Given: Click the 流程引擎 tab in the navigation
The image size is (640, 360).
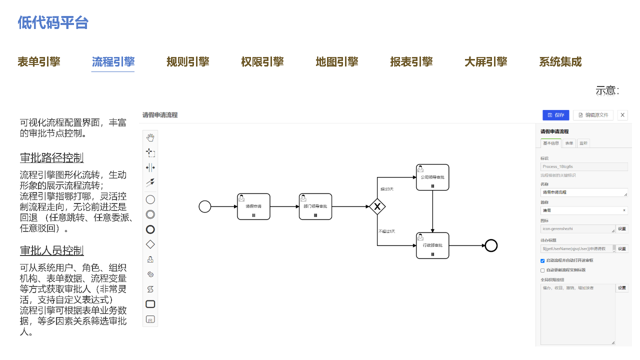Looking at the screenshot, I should [x=113, y=62].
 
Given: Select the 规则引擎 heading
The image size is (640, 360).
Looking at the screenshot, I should [x=187, y=62].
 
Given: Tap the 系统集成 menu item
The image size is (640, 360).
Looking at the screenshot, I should [x=560, y=62].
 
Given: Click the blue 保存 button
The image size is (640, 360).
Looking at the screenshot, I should [x=555, y=115].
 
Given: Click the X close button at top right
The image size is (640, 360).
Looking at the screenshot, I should [x=622, y=115].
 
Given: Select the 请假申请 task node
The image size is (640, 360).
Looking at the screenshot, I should [x=253, y=206].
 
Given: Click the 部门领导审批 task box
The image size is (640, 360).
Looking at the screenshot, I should [x=315, y=206].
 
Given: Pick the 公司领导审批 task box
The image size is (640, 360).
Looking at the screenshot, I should [x=432, y=177].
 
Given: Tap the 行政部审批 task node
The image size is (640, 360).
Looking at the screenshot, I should [x=432, y=245].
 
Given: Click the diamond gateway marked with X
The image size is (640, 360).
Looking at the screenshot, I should [x=377, y=206].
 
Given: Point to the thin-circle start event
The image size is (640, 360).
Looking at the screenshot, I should [x=205, y=206].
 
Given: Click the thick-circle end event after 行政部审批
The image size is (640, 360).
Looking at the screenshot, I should [x=491, y=245].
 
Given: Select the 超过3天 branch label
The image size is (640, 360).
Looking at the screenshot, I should [x=387, y=189].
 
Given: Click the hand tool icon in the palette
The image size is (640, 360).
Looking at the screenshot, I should [x=150, y=137].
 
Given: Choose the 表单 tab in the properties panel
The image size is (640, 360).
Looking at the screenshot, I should [x=569, y=143].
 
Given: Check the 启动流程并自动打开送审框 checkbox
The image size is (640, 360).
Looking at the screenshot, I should [x=542, y=260].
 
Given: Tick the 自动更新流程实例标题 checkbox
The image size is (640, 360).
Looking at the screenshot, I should [x=542, y=270].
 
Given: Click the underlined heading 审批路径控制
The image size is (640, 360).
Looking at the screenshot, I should [x=51, y=158].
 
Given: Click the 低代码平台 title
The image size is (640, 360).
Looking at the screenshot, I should [x=53, y=22].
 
